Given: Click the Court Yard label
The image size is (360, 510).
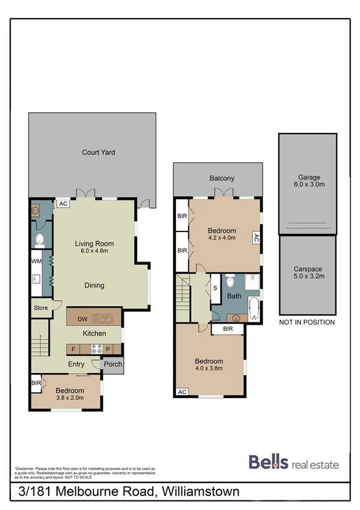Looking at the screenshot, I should click(99, 152).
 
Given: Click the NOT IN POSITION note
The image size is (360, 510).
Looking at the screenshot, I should click(307, 322).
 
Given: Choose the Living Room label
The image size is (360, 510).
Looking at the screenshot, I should click(94, 248).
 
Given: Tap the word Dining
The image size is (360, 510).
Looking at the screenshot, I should click(94, 286).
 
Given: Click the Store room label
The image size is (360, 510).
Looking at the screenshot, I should click(41, 308).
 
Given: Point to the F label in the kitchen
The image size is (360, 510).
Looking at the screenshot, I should click(73, 348).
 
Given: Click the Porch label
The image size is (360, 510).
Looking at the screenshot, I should click(113, 364).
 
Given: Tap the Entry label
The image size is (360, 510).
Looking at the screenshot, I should click(76, 364).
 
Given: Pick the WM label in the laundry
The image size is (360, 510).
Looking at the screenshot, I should click(35, 262).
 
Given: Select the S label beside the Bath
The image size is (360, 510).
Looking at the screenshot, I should click(216, 287).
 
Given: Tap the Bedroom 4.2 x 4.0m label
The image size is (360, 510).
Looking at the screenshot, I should click(222, 234).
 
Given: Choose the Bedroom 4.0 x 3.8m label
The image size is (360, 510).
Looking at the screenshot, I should click(209, 365).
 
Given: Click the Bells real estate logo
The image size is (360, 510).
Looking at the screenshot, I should click(293, 463).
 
